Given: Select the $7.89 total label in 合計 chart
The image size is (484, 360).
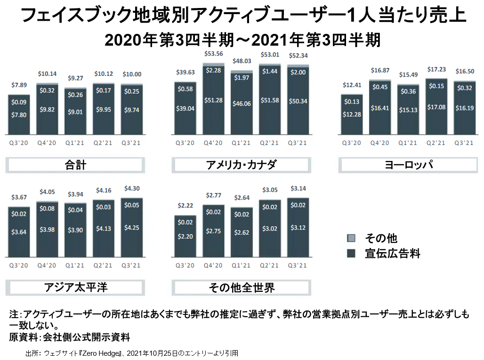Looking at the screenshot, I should [x=19, y=85].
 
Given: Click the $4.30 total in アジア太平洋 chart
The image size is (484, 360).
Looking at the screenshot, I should [x=131, y=189].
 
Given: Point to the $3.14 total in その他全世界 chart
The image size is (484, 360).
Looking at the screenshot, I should [x=298, y=189].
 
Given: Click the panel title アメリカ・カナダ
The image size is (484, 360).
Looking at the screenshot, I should [x=241, y=165].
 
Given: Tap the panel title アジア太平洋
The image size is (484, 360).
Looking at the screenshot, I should [x=75, y=287].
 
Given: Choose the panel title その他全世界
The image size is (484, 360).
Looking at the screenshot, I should [x=241, y=287].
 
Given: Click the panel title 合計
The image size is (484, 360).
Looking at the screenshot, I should [x=75, y=165].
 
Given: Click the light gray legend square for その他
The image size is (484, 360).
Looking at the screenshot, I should [x=351, y=238].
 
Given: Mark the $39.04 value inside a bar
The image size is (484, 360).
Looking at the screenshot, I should [x=185, y=108].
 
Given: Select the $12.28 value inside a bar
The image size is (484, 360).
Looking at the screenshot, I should [x=352, y=115].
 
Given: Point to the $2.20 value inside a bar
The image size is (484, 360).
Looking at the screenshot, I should [x=186, y=236].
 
